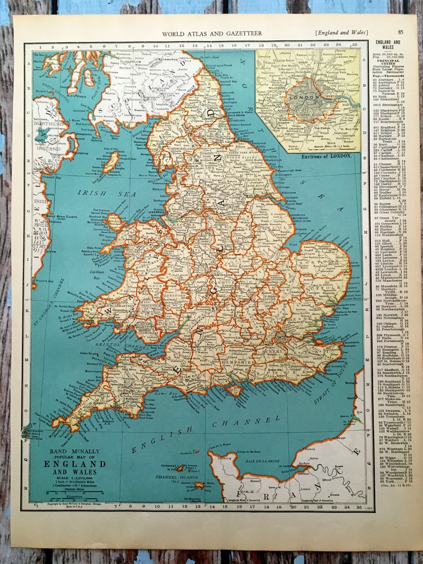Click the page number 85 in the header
point(400,32)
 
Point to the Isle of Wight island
point(232,390)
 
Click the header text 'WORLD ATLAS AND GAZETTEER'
point(211,33)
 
